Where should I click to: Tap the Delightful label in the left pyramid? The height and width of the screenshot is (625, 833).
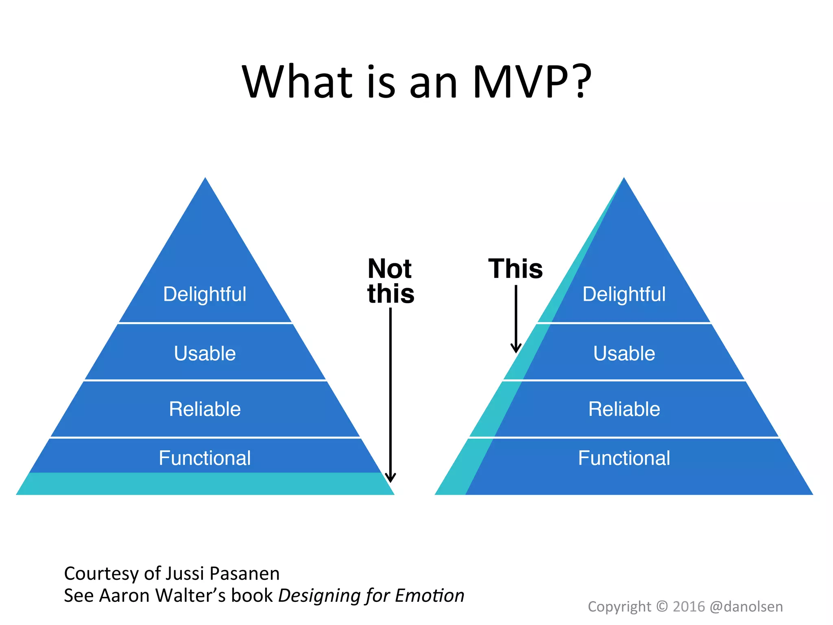[x=205, y=294]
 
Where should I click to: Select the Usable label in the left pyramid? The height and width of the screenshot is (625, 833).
[x=205, y=353]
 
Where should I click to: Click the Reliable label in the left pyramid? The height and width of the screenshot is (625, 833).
[x=205, y=409]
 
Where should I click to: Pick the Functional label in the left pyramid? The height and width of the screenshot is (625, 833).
[x=205, y=458]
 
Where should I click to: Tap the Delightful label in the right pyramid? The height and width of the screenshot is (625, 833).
[x=624, y=294]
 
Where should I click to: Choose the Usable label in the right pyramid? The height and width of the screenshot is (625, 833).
[x=624, y=353]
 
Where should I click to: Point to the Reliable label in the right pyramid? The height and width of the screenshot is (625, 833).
[x=624, y=409]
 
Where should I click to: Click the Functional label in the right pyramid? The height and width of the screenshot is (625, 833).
[x=624, y=458]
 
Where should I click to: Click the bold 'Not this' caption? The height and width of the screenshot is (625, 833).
[x=390, y=281]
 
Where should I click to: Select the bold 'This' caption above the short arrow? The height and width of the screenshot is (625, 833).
[x=515, y=269]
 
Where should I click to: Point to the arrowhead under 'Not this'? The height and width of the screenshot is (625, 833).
[x=390, y=478]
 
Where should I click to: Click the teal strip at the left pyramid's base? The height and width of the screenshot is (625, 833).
[x=205, y=484]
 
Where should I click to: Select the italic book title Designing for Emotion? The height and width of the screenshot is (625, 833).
[x=371, y=596]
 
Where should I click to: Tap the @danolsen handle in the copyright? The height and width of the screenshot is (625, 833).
[x=746, y=607]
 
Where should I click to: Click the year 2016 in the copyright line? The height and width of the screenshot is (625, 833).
[x=689, y=607]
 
